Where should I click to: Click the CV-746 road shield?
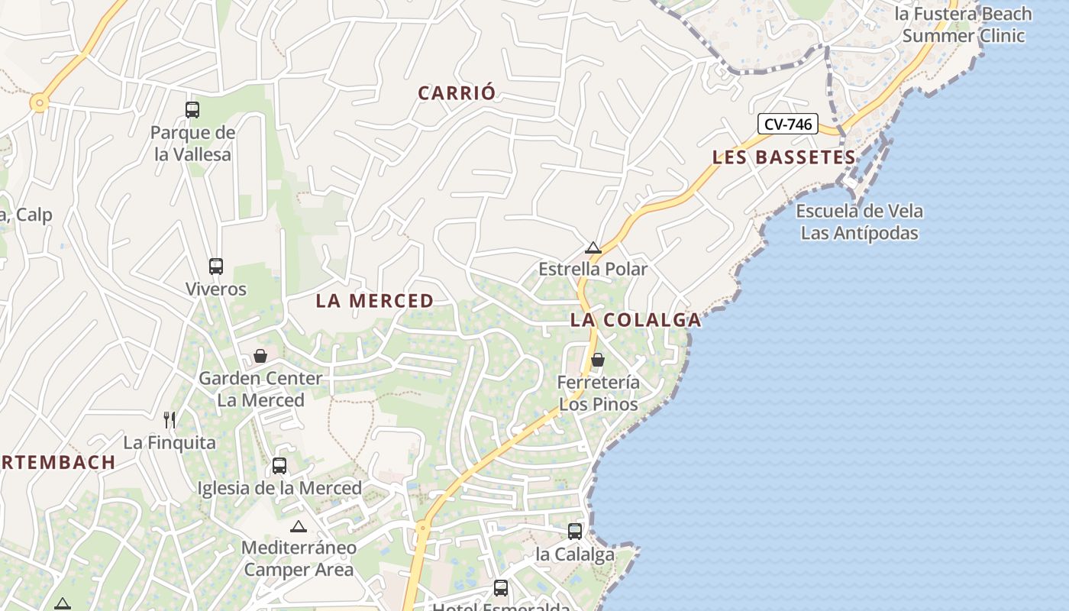[x=788, y=124]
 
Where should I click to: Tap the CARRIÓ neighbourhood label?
[x=457, y=93]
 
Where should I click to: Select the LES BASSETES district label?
[x=783, y=157]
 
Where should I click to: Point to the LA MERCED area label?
[x=375, y=301]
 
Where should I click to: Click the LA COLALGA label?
[x=635, y=320]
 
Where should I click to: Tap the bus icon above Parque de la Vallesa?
[x=192, y=110]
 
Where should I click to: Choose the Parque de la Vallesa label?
[x=192, y=144]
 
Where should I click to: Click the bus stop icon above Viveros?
[x=216, y=267]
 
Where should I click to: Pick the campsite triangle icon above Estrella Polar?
[x=593, y=248]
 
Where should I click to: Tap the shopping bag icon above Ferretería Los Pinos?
[x=598, y=359]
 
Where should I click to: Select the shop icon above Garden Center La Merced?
[x=260, y=356]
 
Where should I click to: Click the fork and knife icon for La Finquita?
[x=170, y=419]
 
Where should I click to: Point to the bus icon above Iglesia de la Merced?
[x=279, y=465]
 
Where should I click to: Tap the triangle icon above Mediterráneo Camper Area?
[x=299, y=526]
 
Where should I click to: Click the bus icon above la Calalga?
[x=575, y=531]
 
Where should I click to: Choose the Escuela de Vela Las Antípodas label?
[x=859, y=222]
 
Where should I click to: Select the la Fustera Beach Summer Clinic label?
[x=964, y=24]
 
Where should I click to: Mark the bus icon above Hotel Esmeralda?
[x=501, y=588]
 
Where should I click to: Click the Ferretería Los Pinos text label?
[x=599, y=393]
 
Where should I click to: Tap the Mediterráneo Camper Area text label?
[x=299, y=558]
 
